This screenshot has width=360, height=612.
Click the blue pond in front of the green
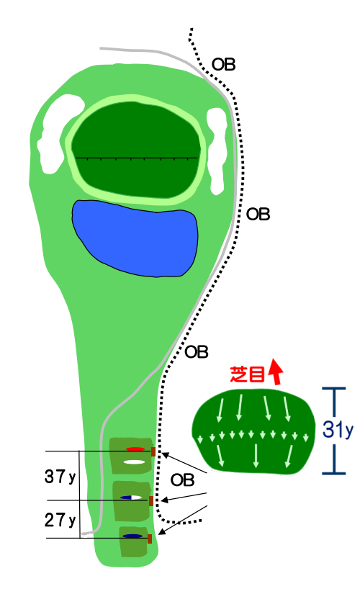135,238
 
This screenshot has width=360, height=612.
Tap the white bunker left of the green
58,132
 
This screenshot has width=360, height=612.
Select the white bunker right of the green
217,150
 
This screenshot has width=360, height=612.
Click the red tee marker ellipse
135,449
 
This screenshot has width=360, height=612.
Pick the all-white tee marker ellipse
137,462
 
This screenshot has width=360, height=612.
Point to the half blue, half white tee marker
131,498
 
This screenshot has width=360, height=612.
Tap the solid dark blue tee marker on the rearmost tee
132,536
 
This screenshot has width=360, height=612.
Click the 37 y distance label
60,477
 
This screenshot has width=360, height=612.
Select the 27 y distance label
60,520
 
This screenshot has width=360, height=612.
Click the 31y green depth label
338,430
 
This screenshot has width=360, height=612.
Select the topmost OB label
224,64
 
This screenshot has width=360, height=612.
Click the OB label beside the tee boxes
182,480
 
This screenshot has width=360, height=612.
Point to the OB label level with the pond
258,215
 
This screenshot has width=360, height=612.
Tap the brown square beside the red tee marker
153,452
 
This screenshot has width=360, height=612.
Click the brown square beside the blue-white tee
151,501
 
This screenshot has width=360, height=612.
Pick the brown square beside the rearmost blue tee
150,539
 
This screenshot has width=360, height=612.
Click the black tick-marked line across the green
137,158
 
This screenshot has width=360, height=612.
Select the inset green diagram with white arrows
253,432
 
